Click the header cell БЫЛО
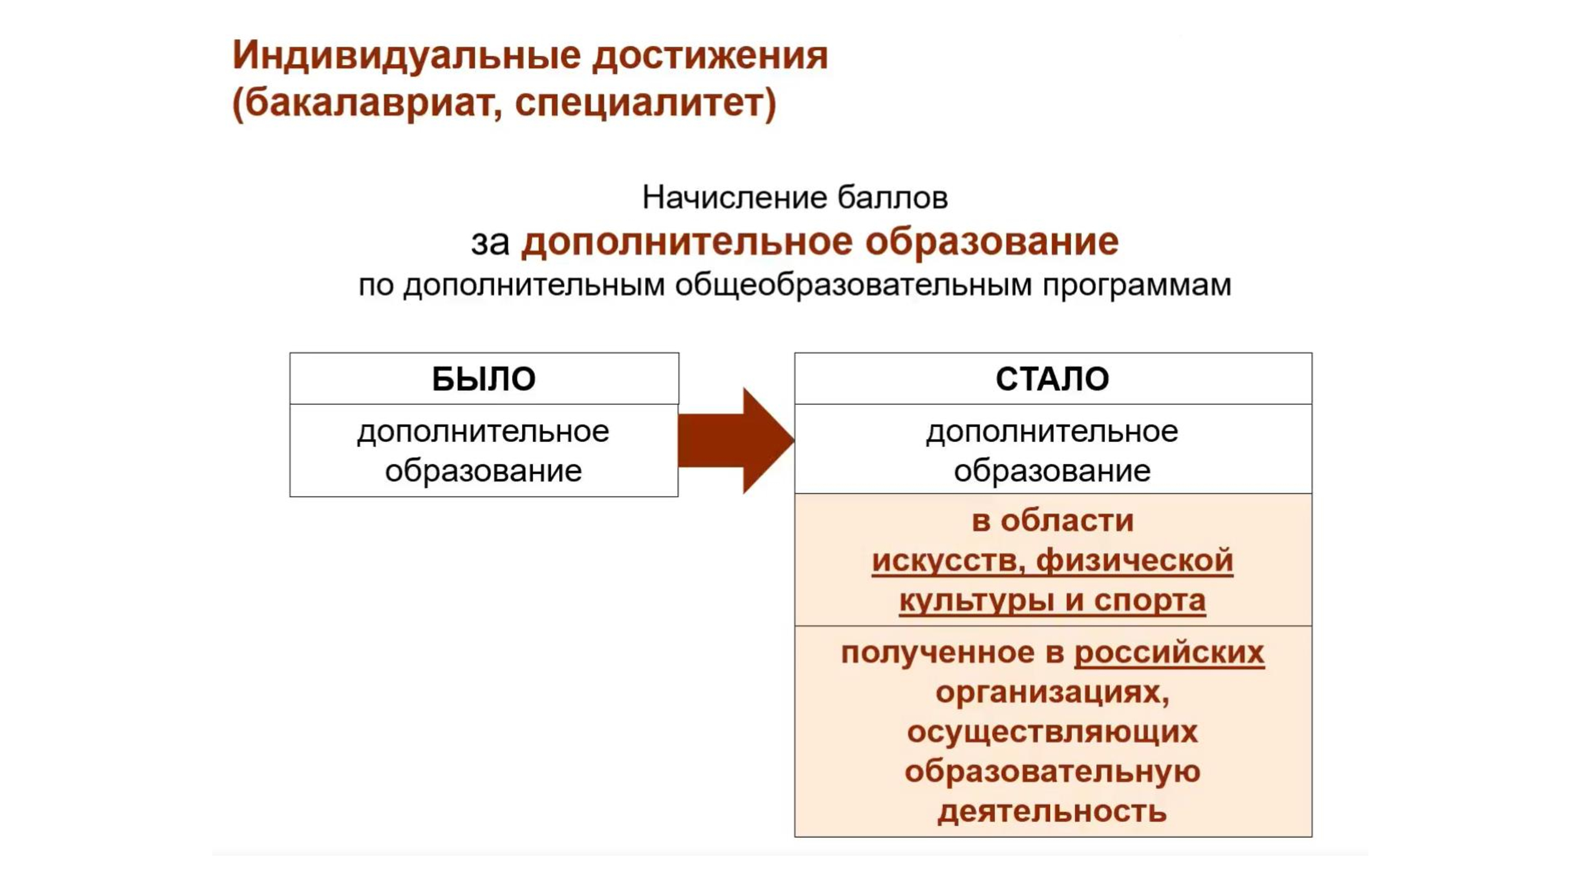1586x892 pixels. pyautogui.click(x=484, y=379)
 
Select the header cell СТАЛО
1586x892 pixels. pyautogui.click(x=1053, y=379)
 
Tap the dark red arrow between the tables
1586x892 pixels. pyautogui.click(x=736, y=441)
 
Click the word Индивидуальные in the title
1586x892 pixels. pyautogui.click(x=407, y=55)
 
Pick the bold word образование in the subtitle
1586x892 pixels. pyautogui.click(x=992, y=242)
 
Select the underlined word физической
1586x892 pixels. pyautogui.click(x=1135, y=561)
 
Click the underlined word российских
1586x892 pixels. pyautogui.click(x=1169, y=652)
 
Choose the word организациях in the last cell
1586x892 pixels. pyautogui.click(x=1052, y=693)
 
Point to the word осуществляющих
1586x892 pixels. pyautogui.click(x=1052, y=733)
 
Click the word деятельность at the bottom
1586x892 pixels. pyautogui.click(x=1052, y=812)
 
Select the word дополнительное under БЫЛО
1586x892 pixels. pyautogui.click(x=483, y=432)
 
